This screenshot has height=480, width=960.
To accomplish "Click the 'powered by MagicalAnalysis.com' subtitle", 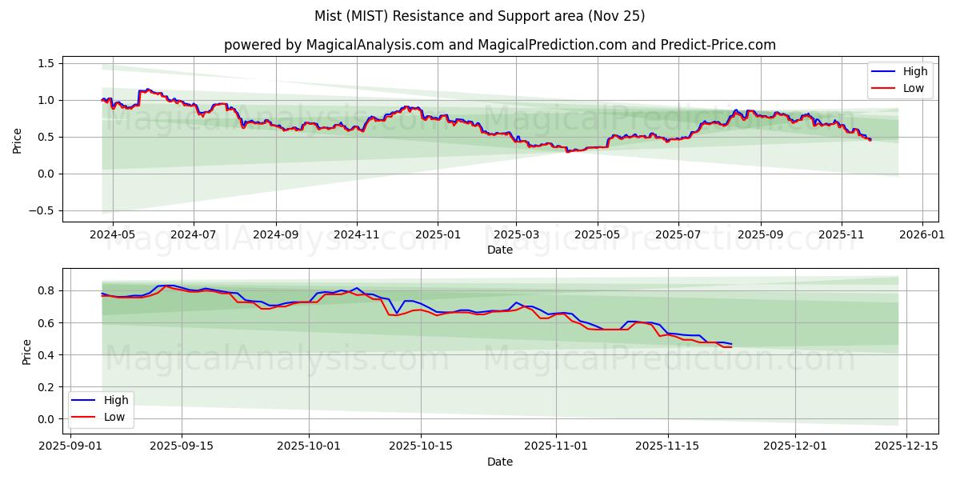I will [500, 45].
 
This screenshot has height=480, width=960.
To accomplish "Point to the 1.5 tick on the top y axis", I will [46, 63].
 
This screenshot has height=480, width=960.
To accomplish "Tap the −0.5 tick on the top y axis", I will [42, 210].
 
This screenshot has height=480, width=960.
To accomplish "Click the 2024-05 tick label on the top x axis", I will [112, 235].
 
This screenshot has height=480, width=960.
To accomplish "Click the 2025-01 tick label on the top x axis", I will [438, 235].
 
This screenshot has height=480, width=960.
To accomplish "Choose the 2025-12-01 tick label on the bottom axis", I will [795, 446].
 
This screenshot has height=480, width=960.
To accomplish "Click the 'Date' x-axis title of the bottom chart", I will [500, 462].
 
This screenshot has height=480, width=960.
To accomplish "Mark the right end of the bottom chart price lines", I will [731, 346].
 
